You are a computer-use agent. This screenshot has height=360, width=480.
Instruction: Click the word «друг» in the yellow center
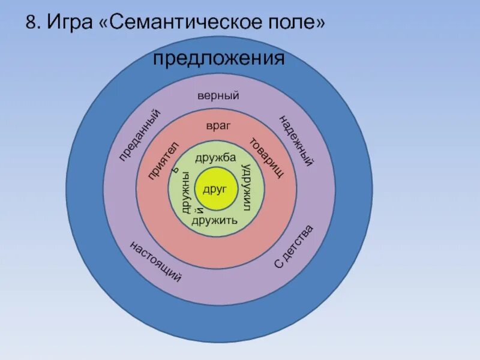(x=214, y=190)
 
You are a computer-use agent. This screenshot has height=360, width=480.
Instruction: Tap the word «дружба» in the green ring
(x=215, y=158)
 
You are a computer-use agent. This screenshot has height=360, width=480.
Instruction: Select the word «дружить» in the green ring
(x=215, y=220)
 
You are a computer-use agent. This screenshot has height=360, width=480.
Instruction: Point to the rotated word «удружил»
(x=245, y=187)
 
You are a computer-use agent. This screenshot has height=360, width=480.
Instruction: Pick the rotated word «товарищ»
(x=266, y=158)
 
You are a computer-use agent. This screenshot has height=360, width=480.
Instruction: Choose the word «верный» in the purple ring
(x=218, y=96)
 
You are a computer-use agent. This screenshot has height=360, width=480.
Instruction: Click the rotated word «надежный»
(x=296, y=140)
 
